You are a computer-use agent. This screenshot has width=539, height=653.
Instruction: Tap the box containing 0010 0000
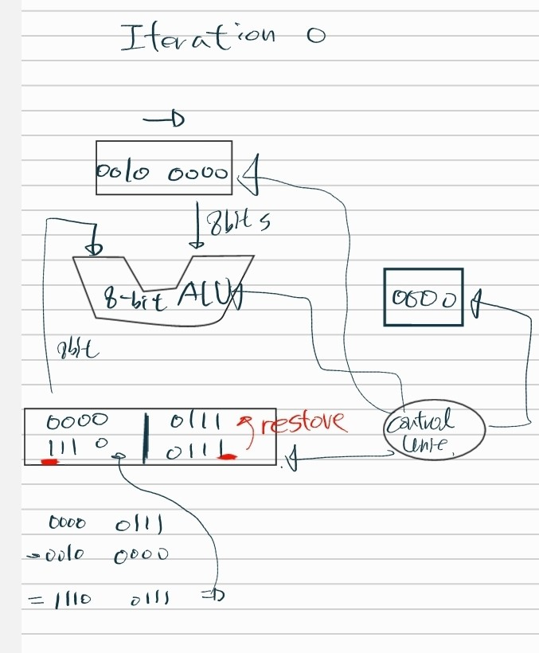pos(164,168)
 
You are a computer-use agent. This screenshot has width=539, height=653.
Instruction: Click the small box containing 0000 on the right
pos(423,297)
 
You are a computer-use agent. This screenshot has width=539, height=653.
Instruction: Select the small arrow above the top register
pos(164,120)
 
